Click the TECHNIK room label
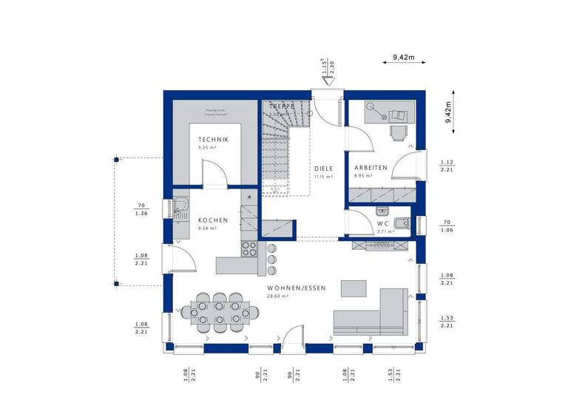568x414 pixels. tap(212, 140)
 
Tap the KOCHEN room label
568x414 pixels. tap(212, 220)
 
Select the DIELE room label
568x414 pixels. tap(322, 168)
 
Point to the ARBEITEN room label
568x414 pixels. tap(371, 168)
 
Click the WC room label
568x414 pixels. tap(382, 223)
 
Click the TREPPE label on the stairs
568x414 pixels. tap(282, 107)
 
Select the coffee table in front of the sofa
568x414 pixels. tap(354, 286)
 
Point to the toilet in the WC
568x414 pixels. tap(402, 223)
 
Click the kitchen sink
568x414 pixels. tap(181, 206)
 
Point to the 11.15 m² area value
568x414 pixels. tap(322, 177)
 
